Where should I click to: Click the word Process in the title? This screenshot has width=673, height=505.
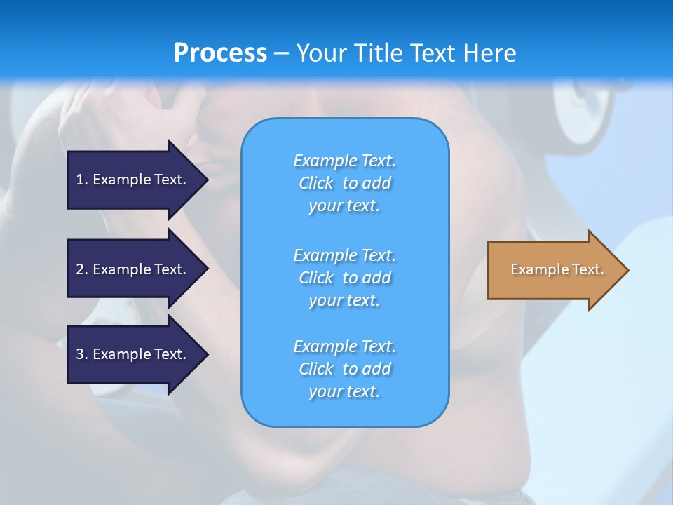pyautogui.click(x=220, y=53)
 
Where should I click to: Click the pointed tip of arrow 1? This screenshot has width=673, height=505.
pyautogui.click(x=206, y=180)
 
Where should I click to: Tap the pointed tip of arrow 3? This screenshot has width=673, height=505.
pyautogui.click(x=206, y=354)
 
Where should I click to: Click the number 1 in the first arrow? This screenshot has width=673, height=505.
pyautogui.click(x=80, y=180)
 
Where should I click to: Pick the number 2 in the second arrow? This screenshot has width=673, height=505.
pyautogui.click(x=80, y=269)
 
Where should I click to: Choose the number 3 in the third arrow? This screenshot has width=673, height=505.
pyautogui.click(x=80, y=354)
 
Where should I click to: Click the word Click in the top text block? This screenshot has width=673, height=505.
pyautogui.click(x=315, y=183)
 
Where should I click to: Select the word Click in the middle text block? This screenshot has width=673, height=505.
pyautogui.click(x=315, y=278)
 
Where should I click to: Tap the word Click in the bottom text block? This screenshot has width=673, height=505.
pyautogui.click(x=315, y=369)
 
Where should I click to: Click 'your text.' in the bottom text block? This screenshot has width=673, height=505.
pyautogui.click(x=344, y=391)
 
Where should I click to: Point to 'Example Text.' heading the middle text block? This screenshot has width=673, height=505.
pyautogui.click(x=344, y=255)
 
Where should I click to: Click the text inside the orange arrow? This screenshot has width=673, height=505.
pyautogui.click(x=557, y=269)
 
